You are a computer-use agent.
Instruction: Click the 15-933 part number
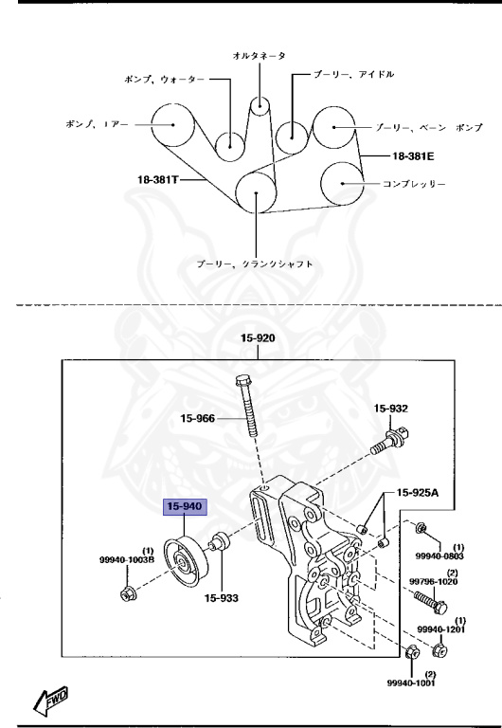pyautogui.click(x=220, y=598)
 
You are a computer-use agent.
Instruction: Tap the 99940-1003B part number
pyautogui.click(x=127, y=561)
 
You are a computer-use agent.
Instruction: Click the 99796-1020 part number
pyautogui.click(x=435, y=582)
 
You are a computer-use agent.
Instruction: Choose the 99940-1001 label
pyautogui.click(x=412, y=681)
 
